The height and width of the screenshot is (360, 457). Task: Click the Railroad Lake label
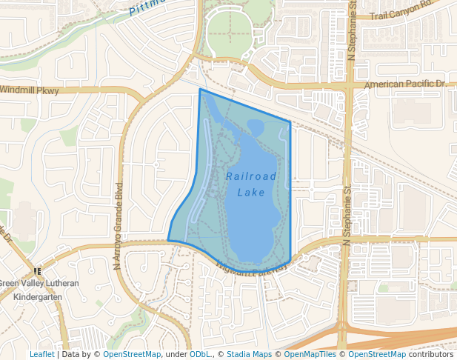[x=251, y=184]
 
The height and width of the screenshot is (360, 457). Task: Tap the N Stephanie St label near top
[x=353, y=30]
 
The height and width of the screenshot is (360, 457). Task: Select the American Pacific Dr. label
[x=406, y=84]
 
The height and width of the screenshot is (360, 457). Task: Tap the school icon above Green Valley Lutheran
[x=38, y=272]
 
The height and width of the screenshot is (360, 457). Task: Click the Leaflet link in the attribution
[x=41, y=354]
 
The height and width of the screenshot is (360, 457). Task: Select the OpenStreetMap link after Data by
[x=132, y=354]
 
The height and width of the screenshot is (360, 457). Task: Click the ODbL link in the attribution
[x=200, y=354]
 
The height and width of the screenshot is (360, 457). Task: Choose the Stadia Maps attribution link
[x=249, y=354]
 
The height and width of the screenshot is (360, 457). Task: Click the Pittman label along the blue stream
[x=148, y=7]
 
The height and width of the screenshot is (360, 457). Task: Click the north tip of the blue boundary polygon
[x=200, y=89]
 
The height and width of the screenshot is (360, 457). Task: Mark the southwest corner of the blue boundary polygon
[x=168, y=240]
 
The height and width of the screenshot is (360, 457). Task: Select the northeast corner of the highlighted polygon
[x=290, y=121]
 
